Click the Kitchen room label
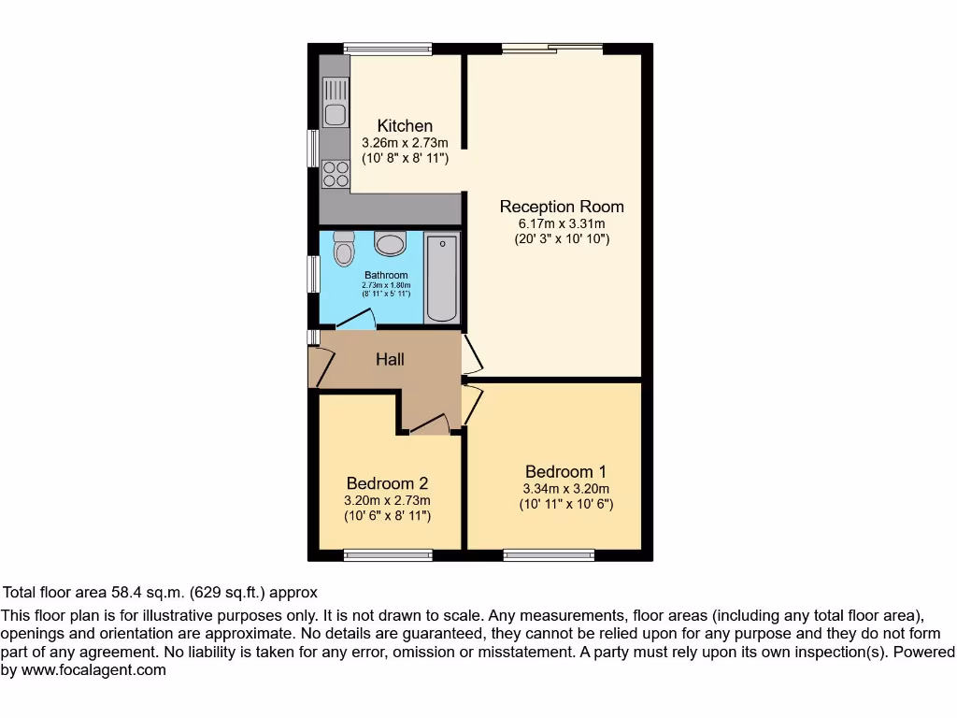click(x=405, y=126)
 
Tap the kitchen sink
click(x=335, y=103)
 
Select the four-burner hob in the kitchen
click(x=335, y=174)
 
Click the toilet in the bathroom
click(x=344, y=249)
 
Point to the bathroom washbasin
click(x=390, y=244)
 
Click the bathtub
click(x=442, y=278)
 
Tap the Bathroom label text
click(x=386, y=275)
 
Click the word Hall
click(x=390, y=358)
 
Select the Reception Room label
click(x=562, y=207)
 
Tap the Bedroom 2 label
click(x=387, y=483)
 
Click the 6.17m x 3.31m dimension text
click(x=562, y=223)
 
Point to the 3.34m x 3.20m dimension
click(x=566, y=488)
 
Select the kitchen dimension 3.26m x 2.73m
click(x=405, y=143)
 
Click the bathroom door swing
click(x=356, y=320)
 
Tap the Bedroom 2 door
click(x=429, y=425)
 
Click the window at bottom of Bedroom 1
click(x=549, y=555)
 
